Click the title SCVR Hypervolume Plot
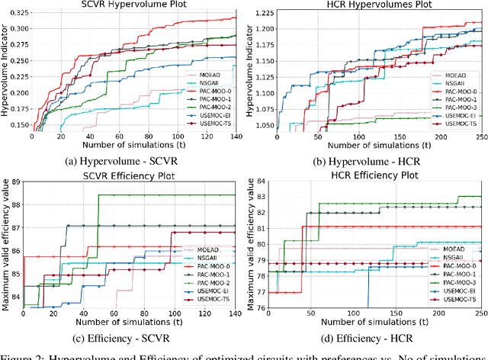[134, 5]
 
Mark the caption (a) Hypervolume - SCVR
[134, 162]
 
